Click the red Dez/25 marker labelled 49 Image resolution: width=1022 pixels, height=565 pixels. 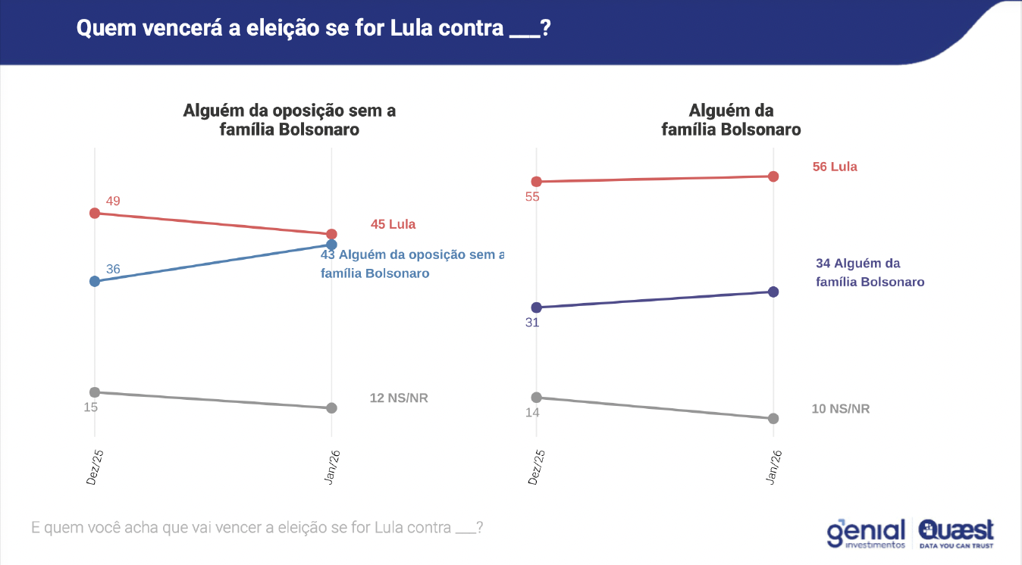pos(95,214)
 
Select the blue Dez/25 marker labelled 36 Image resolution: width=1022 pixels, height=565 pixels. pos(95,281)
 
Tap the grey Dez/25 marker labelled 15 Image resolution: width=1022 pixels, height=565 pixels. pos(95,392)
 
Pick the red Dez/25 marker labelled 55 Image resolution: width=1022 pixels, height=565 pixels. pos(537,182)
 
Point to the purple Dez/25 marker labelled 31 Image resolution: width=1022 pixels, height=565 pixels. pos(537,307)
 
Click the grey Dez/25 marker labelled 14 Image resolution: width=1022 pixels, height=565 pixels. pos(537,398)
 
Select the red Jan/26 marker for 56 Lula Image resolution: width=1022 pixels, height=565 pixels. pos(773,176)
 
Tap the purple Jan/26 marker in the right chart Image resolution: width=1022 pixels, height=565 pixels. pos(773,292)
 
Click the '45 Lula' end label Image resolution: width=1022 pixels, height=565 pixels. pos(393,224)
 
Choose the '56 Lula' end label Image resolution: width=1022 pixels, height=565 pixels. pos(835,167)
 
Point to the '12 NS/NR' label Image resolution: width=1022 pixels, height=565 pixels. pos(399,398)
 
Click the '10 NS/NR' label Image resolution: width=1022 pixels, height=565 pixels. pos(841,409)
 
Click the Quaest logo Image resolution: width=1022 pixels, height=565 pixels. pos(956,532)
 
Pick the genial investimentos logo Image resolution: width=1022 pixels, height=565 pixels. pos(866,533)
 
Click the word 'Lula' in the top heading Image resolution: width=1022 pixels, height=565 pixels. pos(412,30)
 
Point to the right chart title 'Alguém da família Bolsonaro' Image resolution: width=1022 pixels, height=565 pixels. pos(731,120)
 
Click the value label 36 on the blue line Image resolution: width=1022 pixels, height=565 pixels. pos(113,270)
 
